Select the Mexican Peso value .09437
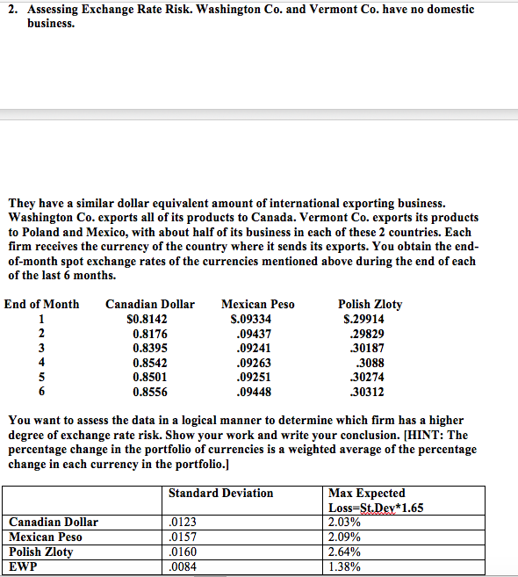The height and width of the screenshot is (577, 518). [x=255, y=334]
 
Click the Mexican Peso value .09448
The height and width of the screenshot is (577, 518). [x=255, y=392]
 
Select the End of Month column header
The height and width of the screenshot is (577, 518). [x=41, y=305]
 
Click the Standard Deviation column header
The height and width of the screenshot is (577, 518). [x=220, y=494]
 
